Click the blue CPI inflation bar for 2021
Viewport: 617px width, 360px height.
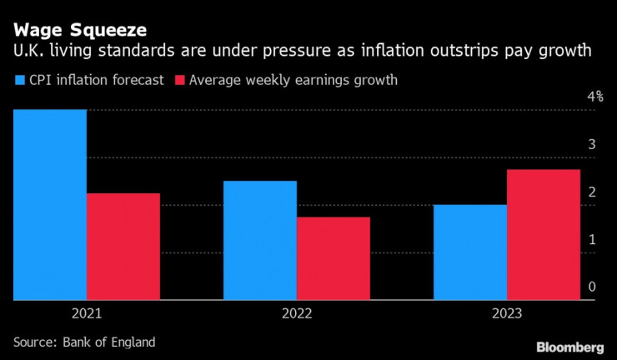(x=50, y=204)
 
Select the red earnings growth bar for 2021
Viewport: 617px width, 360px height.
(x=123, y=247)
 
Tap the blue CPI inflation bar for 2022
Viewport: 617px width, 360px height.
(x=260, y=240)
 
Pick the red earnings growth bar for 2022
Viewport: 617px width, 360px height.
(x=334, y=258)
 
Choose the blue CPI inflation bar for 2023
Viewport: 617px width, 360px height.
(x=470, y=252)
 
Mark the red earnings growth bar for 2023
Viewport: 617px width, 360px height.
(x=544, y=234)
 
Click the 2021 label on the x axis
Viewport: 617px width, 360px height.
(x=87, y=314)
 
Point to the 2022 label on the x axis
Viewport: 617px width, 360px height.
(x=297, y=314)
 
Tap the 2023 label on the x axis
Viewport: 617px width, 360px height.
(x=507, y=314)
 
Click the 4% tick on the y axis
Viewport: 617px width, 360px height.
(x=594, y=97)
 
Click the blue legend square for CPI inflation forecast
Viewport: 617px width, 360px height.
(x=20, y=81)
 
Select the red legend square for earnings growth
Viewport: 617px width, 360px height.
(x=180, y=81)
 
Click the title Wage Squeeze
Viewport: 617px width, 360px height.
(x=80, y=30)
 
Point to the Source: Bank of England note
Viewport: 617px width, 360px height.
(x=84, y=342)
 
